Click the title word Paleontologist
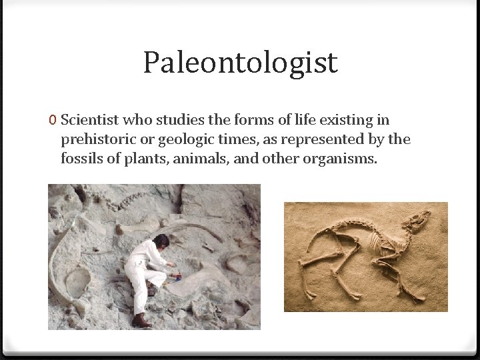[240, 63]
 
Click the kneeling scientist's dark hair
[161, 241]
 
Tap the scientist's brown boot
[141, 321]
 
